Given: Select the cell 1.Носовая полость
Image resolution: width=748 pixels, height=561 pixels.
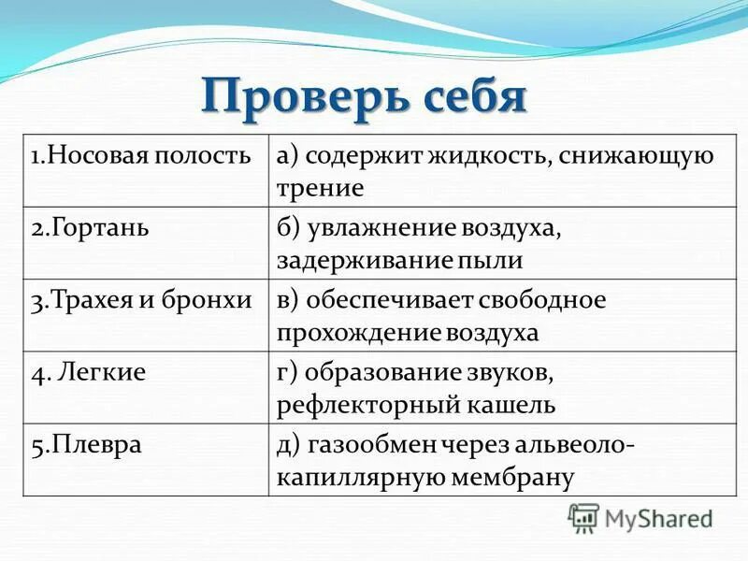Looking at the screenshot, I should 141,155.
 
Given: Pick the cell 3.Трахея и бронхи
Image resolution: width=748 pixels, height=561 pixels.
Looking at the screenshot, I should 141,299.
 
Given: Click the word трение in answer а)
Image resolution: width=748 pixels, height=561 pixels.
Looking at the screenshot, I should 319,188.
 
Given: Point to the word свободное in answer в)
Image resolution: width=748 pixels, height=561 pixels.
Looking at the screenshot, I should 542,299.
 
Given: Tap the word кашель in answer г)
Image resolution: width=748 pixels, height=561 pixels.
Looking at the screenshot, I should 510,404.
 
